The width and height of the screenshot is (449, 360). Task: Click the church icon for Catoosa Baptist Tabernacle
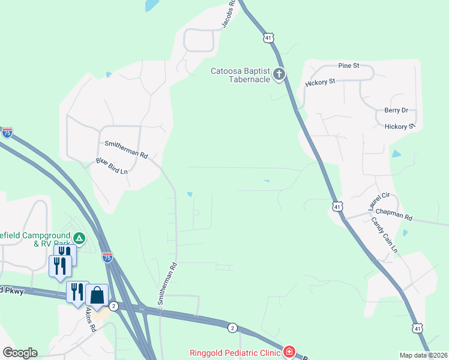click(x=279, y=74)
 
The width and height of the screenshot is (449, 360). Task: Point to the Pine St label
click(x=348, y=65)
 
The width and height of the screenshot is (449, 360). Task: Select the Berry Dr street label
click(x=396, y=110)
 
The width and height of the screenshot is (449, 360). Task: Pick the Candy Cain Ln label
click(x=384, y=235)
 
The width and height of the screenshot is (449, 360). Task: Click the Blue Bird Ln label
click(x=112, y=166)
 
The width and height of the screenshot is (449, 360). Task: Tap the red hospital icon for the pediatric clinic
click(x=289, y=351)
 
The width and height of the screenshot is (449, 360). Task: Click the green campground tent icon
click(x=79, y=238)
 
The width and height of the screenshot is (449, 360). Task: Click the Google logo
click(x=20, y=352)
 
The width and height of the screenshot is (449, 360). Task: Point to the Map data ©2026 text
click(x=424, y=355)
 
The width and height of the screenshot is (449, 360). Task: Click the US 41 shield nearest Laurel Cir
click(x=338, y=206)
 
